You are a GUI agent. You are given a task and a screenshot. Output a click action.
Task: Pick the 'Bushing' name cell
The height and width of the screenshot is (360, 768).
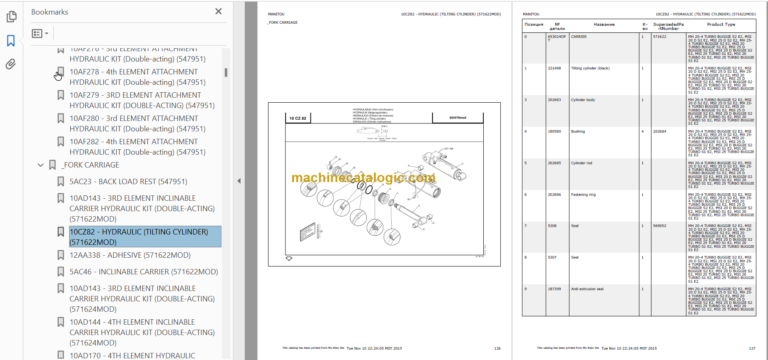click(x=579, y=131)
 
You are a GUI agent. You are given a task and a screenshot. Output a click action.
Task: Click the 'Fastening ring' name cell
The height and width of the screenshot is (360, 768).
click(x=585, y=194)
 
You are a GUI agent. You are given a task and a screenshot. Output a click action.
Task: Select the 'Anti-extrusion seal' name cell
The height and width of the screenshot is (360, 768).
click(x=589, y=288)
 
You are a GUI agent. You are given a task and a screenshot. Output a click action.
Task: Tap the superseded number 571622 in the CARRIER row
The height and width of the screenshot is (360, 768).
click(x=658, y=36)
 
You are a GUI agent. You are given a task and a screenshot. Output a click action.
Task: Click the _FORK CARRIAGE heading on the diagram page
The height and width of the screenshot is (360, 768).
click(x=287, y=23)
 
